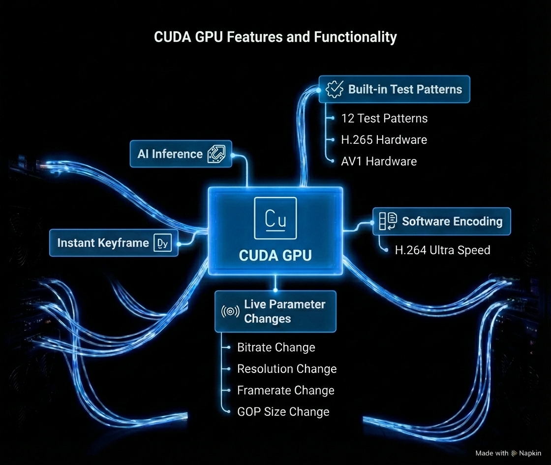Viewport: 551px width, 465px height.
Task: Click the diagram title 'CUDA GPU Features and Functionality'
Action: [275, 37]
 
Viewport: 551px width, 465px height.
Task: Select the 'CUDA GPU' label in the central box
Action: [275, 256]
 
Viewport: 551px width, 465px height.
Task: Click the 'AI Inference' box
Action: [181, 154]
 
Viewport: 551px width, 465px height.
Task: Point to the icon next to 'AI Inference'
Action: [216, 153]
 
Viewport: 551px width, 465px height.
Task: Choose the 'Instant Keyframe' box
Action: [114, 243]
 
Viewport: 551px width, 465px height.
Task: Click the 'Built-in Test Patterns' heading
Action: [405, 89]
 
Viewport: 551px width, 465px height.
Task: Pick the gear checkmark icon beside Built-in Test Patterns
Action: [335, 89]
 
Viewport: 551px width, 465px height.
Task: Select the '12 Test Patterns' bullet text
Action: [384, 118]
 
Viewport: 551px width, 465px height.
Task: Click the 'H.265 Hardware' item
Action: [384, 140]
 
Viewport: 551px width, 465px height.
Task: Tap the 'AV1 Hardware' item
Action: [379, 162]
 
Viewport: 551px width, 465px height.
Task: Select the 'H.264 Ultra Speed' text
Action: [442, 250]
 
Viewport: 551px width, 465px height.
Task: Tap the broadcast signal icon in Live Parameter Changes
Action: [230, 312]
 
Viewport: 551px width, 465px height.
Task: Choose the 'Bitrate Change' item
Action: [276, 347]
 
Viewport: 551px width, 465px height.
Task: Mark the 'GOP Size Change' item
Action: [283, 412]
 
